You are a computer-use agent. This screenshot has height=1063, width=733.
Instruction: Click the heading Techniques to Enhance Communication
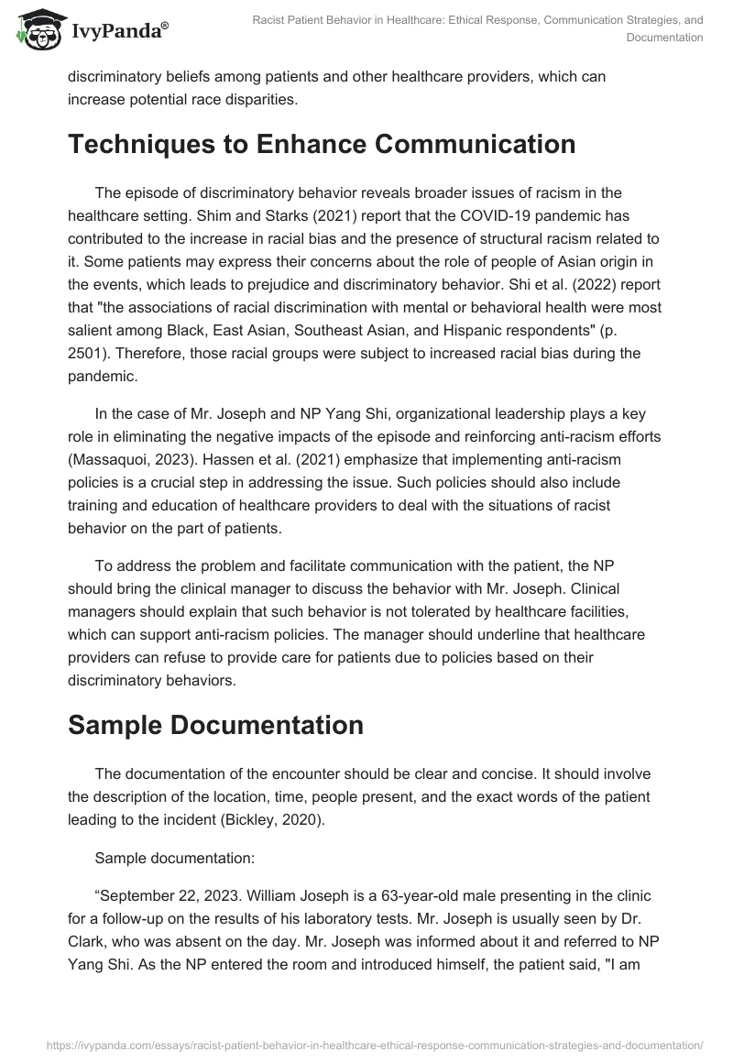tap(322, 145)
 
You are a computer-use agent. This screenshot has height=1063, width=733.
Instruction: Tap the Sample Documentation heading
tap(215, 724)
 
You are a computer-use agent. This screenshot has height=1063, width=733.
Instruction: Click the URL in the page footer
tap(366, 1044)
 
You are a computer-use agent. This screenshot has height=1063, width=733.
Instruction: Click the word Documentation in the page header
tap(664, 38)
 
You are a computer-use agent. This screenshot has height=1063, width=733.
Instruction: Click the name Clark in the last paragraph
tap(87, 941)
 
